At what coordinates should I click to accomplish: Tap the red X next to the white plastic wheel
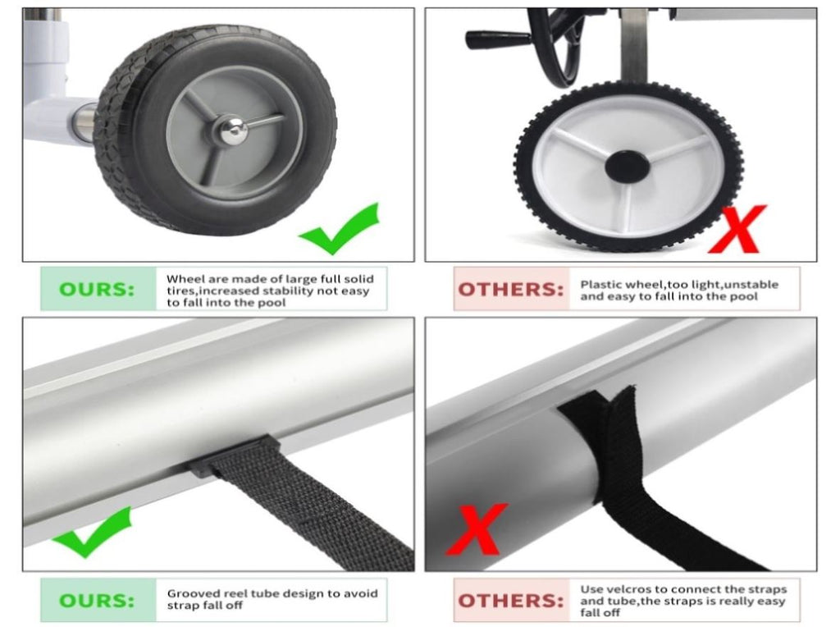[737, 229]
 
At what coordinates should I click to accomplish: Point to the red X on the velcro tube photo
[477, 529]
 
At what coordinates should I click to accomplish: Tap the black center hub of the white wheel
[627, 166]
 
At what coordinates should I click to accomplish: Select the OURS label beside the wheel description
[97, 290]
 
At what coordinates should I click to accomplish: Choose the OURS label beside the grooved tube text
[97, 600]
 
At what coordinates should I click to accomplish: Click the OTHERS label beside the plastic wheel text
[511, 290]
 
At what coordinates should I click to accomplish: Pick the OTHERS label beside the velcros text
[511, 601]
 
